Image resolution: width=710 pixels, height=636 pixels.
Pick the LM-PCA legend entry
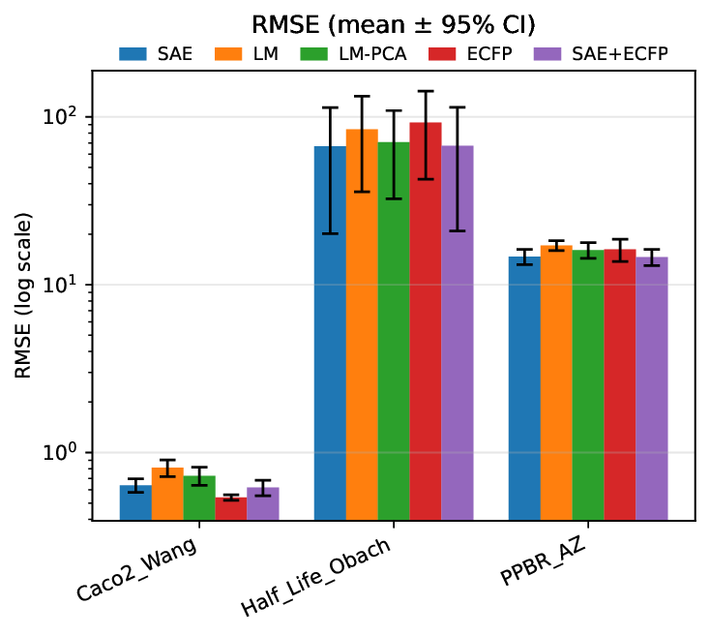(338, 54)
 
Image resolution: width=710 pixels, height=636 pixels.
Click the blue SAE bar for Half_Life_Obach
(330, 333)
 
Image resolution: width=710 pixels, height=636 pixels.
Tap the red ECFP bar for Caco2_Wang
(231, 509)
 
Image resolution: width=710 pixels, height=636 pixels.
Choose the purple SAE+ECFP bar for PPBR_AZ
(652, 388)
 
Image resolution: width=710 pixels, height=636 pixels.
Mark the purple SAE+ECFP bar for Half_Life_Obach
(458, 333)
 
